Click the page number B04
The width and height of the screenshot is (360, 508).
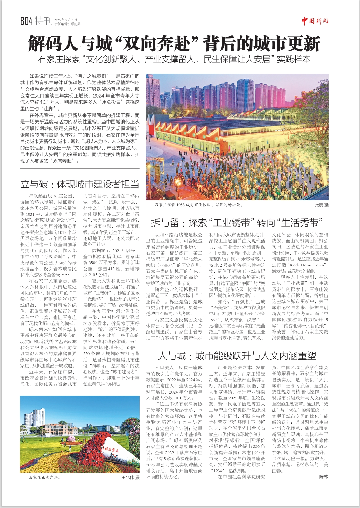(26, 21)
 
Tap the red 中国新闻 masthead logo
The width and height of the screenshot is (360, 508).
(315, 21)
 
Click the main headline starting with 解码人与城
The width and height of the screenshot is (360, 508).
(174, 44)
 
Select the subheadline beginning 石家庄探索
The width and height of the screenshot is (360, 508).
(174, 59)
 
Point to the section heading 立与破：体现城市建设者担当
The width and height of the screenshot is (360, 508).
(80, 184)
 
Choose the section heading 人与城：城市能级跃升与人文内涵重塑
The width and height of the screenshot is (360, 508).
(237, 356)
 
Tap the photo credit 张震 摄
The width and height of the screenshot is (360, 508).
(321, 205)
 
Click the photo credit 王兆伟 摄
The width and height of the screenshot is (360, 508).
(130, 477)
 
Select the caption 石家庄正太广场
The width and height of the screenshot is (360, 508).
(45, 477)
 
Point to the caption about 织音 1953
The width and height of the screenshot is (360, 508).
(198, 205)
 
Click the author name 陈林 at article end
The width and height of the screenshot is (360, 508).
(324, 476)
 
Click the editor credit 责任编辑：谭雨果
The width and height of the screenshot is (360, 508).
(68, 24)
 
